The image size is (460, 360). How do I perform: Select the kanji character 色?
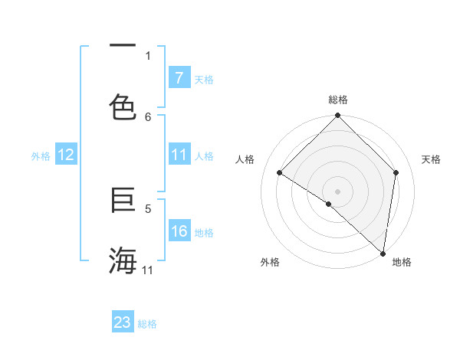[123, 106]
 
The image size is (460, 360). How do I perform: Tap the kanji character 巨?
[123, 201]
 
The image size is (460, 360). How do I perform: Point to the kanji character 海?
[123, 260]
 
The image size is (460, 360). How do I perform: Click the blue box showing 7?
[179, 78]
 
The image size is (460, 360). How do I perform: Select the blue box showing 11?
[179, 155]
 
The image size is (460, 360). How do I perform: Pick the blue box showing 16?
[179, 232]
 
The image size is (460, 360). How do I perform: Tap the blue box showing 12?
[66, 155]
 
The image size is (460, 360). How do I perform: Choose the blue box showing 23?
[123, 322]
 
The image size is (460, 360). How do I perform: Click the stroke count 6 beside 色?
[148, 116]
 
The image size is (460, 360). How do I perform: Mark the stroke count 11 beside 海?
[148, 270]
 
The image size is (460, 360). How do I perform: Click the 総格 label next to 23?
[147, 323]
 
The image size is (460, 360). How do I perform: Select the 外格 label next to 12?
[41, 156]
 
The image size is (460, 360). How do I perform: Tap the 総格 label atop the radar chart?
[337, 100]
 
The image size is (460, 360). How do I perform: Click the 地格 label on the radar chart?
[402, 262]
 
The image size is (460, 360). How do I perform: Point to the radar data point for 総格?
[337, 116]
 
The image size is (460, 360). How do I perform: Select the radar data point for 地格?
[383, 254]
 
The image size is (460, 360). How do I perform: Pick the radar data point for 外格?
[328, 204]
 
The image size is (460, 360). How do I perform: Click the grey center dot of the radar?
[337, 191]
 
